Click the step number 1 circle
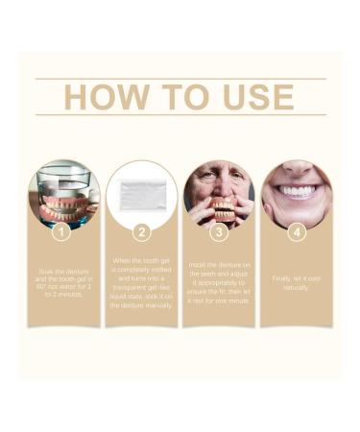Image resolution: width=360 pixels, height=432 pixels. pyautogui.click(x=63, y=232)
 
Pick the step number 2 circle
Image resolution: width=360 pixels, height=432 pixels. pyautogui.click(x=141, y=232)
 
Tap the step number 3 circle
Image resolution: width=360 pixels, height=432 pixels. pyautogui.click(x=219, y=232)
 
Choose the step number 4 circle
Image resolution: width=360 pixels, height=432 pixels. pyautogui.click(x=297, y=232)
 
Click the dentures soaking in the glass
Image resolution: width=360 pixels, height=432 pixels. pyautogui.click(x=63, y=204)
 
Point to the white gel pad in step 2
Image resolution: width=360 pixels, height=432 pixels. pyautogui.click(x=141, y=196)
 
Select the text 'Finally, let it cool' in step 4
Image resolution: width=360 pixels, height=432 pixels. pyautogui.click(x=297, y=277)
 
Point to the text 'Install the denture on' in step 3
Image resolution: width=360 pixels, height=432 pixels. pyautogui.click(x=219, y=263)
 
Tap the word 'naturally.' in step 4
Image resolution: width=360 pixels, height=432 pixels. pyautogui.click(x=297, y=287)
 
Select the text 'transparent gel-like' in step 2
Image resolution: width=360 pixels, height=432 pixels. pyautogui.click(x=141, y=286)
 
